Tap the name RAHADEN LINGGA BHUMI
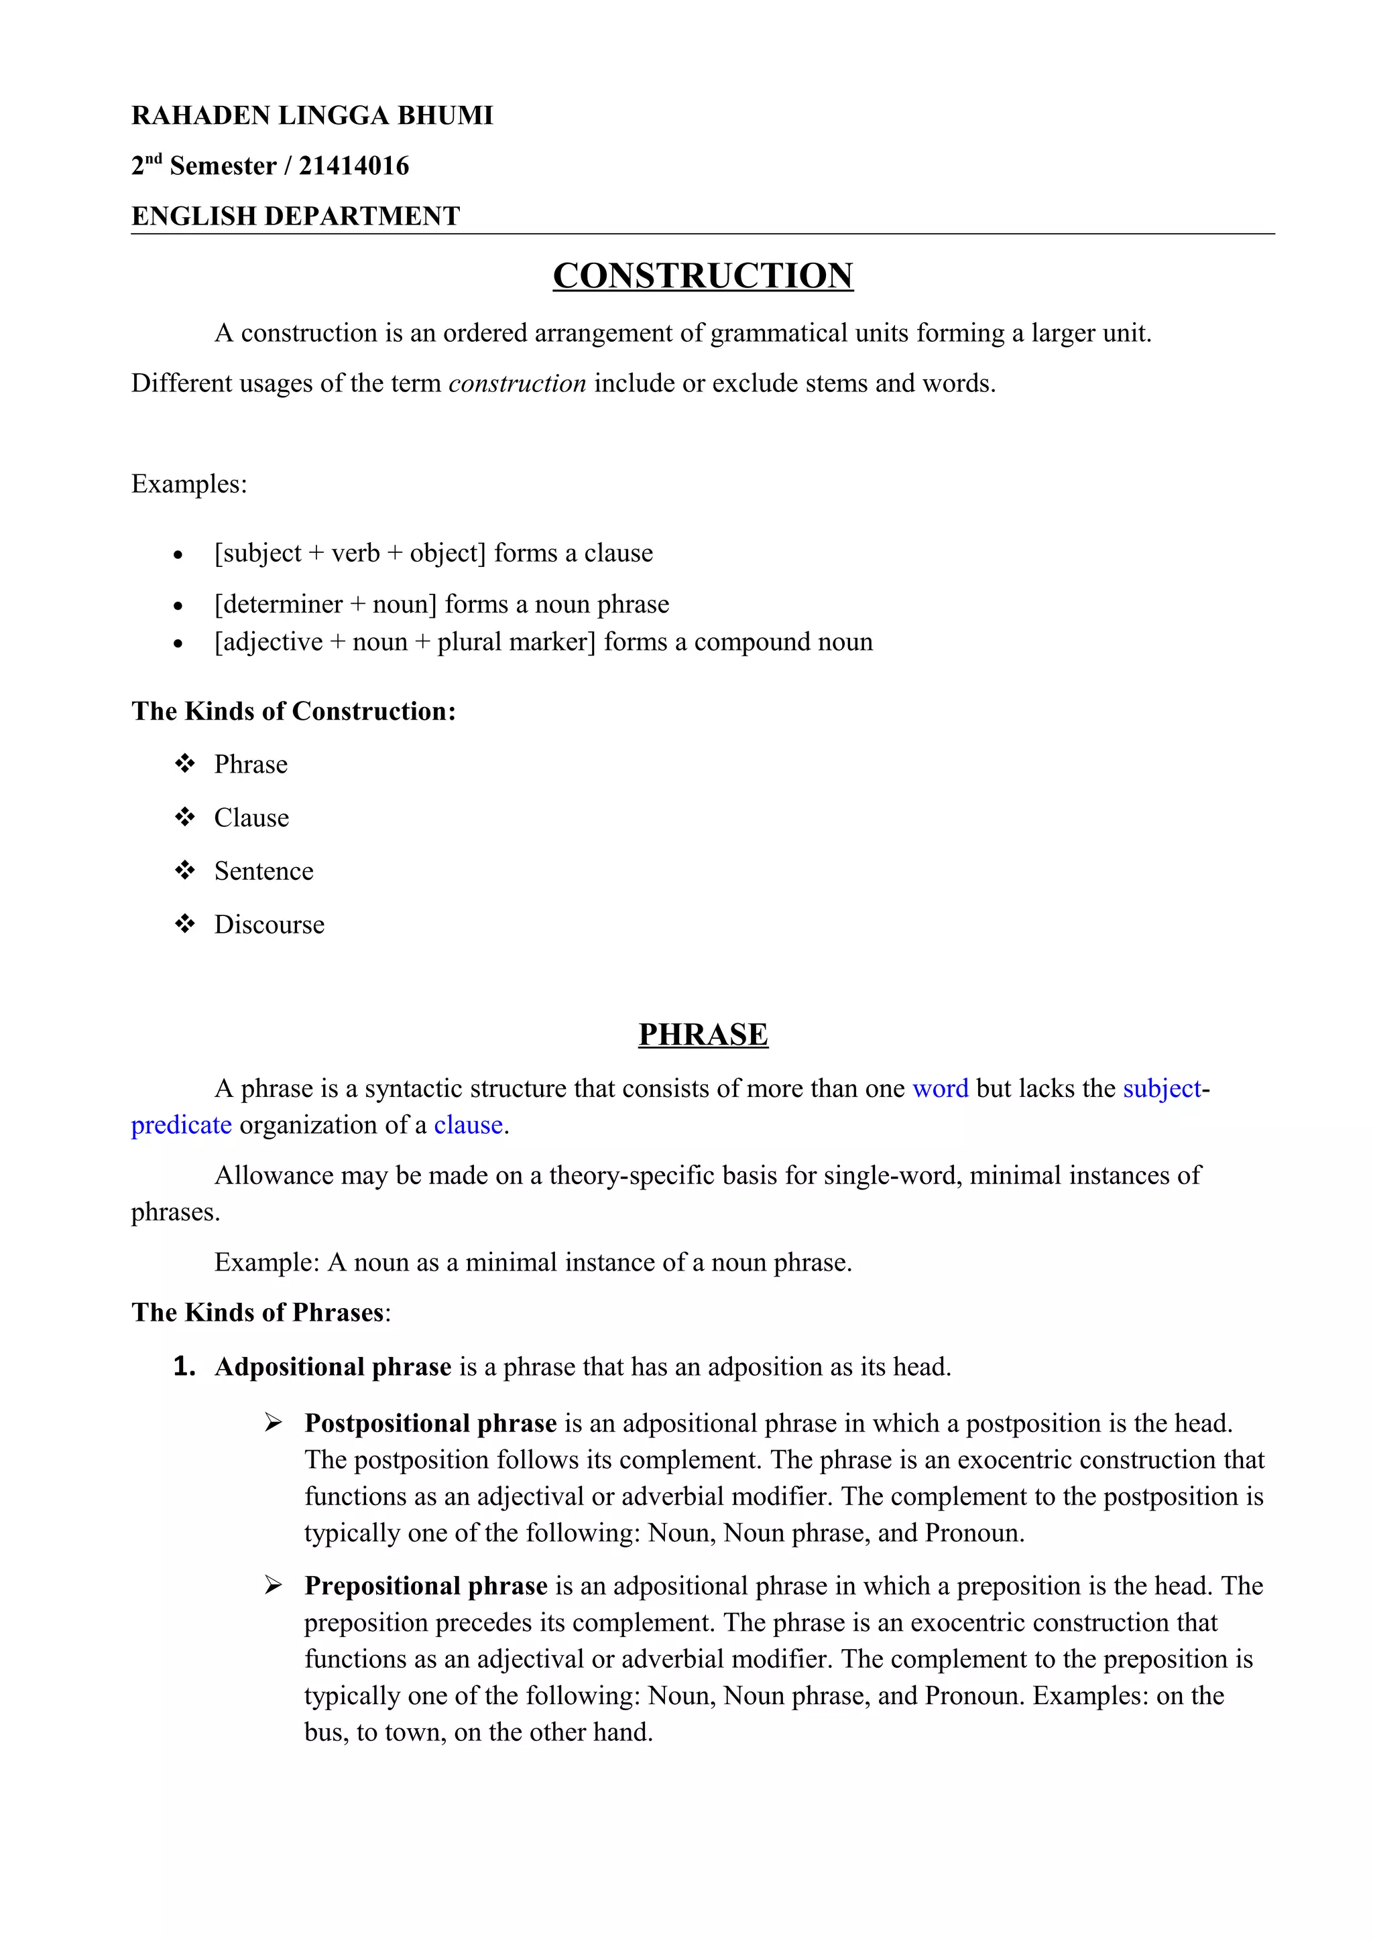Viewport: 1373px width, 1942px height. tap(312, 115)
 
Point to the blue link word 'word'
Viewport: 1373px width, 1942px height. tap(940, 1088)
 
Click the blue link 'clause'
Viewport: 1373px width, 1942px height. tap(468, 1125)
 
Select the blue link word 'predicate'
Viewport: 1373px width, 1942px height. tap(181, 1125)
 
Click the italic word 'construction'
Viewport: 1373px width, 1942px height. tap(517, 383)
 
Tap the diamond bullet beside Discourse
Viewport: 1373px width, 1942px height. tap(184, 923)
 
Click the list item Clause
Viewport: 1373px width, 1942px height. tap(251, 818)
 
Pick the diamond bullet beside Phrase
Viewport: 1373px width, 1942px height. tap(184, 764)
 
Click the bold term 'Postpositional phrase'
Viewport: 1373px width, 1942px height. tap(430, 1423)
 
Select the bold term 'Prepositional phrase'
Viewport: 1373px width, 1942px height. tap(426, 1586)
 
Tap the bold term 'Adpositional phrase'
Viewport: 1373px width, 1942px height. tap(333, 1367)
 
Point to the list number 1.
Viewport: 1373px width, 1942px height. tap(184, 1367)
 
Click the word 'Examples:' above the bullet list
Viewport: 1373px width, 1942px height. tap(188, 484)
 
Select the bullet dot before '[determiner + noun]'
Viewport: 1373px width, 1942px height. tap(178, 606)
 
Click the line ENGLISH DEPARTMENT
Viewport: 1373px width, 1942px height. tap(295, 216)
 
